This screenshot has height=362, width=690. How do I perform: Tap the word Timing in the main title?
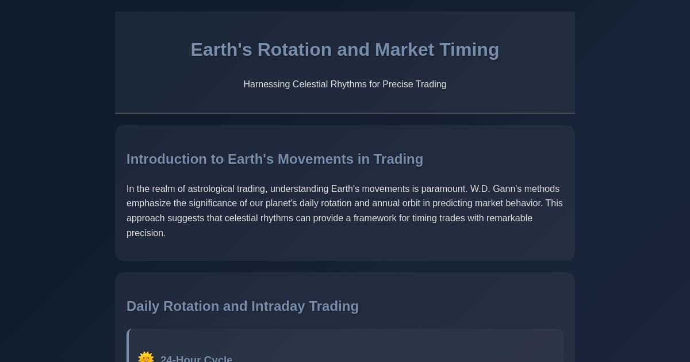pos(469,50)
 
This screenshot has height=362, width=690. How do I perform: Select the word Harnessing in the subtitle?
pos(267,84)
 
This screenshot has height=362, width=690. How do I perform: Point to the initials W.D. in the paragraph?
pos(480,189)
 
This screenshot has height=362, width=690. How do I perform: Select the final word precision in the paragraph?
pos(145,233)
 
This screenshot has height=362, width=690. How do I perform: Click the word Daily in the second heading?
pos(143,306)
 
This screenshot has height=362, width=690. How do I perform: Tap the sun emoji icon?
pos(146,357)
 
